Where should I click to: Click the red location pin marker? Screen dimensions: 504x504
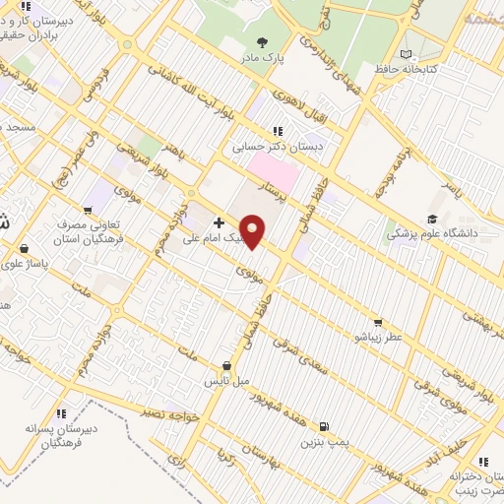click(x=253, y=231)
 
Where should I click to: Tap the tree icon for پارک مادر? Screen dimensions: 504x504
click(x=263, y=41)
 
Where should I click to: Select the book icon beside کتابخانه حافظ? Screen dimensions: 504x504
click(x=409, y=53)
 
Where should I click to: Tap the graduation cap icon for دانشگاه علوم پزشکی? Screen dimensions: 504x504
click(x=431, y=220)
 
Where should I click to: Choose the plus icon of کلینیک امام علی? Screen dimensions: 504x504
click(x=218, y=223)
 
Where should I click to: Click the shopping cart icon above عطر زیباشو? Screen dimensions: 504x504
click(x=377, y=323)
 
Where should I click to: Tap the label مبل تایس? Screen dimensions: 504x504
click(x=233, y=379)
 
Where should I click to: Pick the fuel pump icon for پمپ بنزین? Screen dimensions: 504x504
click(x=325, y=429)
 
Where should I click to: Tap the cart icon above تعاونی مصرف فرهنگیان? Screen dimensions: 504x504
click(x=88, y=209)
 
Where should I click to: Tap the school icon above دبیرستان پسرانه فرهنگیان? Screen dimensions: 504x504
click(x=61, y=413)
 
